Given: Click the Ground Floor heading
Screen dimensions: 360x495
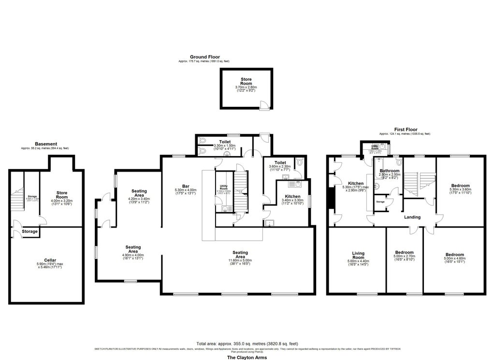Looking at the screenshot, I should [204, 57].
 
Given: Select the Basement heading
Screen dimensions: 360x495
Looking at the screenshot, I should [46, 144].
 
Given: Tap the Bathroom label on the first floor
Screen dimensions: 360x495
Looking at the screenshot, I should [389, 171].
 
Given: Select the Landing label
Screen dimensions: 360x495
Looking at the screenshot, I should [412, 217].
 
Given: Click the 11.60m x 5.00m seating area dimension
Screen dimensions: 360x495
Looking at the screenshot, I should [240, 260].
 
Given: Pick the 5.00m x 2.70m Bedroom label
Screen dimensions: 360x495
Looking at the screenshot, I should [404, 252].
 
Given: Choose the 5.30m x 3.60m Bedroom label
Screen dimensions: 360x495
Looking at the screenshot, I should [459, 185].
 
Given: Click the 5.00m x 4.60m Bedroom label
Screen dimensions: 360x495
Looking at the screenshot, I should [454, 255].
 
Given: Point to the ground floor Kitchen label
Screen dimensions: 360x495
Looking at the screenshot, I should [292, 196].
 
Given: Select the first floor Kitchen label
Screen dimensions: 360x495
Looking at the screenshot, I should [356, 184].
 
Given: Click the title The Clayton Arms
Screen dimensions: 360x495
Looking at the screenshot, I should [247, 358].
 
